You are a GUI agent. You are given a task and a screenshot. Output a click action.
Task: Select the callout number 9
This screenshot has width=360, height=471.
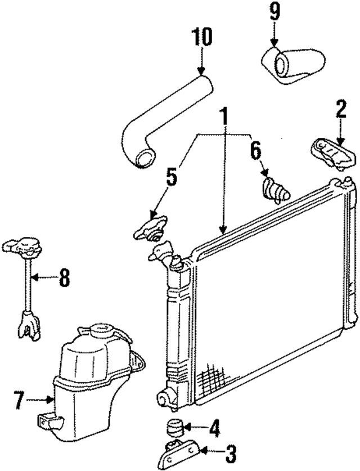[274, 12]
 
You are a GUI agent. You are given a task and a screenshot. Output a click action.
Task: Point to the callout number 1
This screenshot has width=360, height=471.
[224, 118]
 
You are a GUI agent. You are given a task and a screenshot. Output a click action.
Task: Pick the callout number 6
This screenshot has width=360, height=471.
[255, 150]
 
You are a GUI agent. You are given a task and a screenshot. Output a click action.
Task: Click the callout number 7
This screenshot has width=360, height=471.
[19, 401]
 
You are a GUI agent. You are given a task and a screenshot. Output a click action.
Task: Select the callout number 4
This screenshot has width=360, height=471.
[214, 429]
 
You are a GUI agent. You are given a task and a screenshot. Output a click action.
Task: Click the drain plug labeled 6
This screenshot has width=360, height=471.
[276, 189]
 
